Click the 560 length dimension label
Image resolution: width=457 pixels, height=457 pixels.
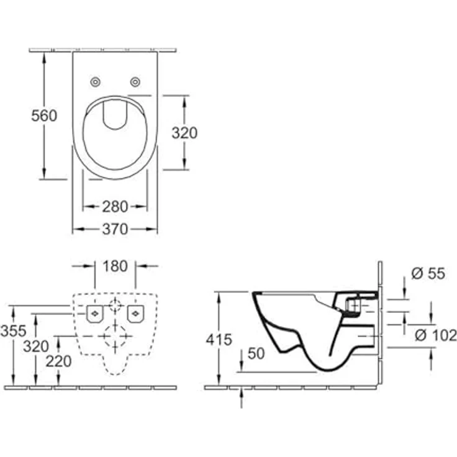click(44, 115)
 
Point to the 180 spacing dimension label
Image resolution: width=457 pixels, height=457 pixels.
click(115, 266)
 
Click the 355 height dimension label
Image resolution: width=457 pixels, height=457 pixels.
click(13, 332)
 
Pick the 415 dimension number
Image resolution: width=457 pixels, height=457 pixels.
click(219, 340)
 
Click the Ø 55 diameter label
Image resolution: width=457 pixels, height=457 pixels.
click(428, 274)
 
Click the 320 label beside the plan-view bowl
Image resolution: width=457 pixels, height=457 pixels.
click(184, 133)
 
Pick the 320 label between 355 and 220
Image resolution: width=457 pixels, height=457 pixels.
click(35, 346)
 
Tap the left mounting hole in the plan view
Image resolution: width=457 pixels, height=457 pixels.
click(96, 82)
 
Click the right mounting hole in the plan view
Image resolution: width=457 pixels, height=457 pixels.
click(135, 82)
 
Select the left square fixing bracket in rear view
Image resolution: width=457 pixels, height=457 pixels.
click(94, 314)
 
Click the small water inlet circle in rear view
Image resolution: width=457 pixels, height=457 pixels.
click(114, 305)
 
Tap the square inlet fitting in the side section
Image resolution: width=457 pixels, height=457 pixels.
click(353, 305)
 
